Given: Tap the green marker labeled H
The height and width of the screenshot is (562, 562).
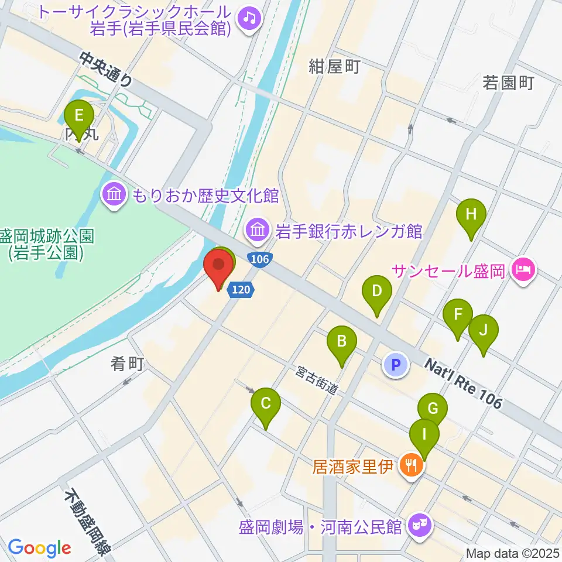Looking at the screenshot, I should click(471, 214).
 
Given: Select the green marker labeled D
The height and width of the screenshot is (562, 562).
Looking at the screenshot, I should click(378, 291).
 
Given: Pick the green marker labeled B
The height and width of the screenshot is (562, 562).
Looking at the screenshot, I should click(342, 341).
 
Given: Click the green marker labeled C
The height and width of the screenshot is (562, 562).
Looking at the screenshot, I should click(266, 403).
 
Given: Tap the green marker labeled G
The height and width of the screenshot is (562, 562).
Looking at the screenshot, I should click(433, 409).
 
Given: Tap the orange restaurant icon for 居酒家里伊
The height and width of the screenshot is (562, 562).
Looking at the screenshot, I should click(412, 465).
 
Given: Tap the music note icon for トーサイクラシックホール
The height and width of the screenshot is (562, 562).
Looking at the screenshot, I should click(250, 18).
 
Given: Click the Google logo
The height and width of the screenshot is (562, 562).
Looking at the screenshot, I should click(39, 547).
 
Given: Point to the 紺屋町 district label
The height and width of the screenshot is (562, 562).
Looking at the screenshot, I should click(334, 67).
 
